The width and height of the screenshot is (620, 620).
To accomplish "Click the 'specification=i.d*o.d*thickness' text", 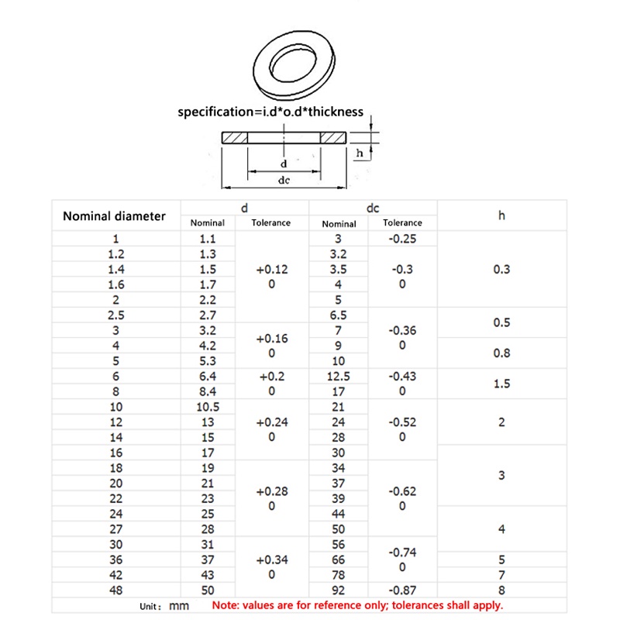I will tap(270, 112).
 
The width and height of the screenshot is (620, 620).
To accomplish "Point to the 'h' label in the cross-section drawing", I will tap(359, 153).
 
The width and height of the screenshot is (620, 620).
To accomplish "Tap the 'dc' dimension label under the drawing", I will tap(284, 180).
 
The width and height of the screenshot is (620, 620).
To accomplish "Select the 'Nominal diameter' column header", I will tap(114, 216).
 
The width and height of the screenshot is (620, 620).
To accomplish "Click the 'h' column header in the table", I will tap(501, 216).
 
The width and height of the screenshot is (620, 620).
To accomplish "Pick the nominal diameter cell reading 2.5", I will tap(115, 315).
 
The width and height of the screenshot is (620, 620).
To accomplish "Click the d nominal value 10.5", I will tap(208, 407).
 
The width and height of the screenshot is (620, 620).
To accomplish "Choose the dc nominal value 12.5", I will tap(338, 376).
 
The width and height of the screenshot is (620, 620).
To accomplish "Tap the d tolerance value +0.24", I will tap(271, 422).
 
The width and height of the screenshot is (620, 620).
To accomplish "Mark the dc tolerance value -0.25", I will tap(402, 239).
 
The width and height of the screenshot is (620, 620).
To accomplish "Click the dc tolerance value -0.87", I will tap(402, 591).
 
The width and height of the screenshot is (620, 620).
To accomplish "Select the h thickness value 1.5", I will tap(501, 384).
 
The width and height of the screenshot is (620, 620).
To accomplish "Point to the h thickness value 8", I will tap(501, 591).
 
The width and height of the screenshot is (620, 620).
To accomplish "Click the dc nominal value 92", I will tap(338, 591).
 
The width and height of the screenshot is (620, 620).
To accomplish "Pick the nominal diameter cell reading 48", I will tap(115, 591).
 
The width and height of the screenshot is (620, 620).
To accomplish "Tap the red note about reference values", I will tap(357, 605).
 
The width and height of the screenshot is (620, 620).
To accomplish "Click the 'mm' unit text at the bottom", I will tap(179, 605).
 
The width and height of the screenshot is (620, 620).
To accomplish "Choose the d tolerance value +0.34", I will tap(271, 560).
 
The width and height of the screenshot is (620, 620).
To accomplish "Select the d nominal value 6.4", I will tap(208, 376).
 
